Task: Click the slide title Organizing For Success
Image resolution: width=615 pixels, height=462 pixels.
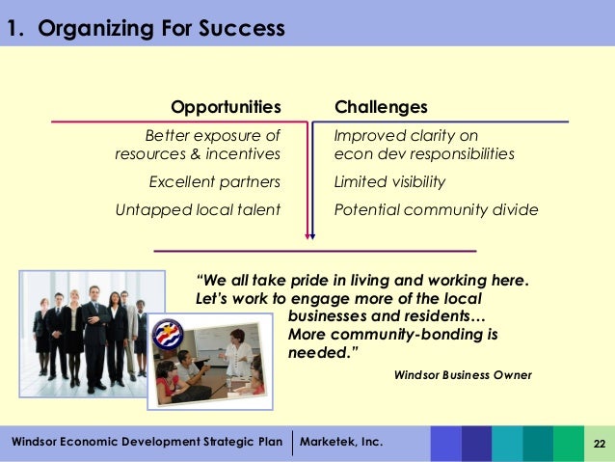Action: (x=160, y=29)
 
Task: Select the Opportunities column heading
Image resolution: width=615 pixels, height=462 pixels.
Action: (x=226, y=106)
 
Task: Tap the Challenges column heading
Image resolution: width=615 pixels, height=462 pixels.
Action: (x=381, y=106)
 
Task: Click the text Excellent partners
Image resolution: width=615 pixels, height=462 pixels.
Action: (x=214, y=181)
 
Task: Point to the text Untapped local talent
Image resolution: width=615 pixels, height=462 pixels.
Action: (x=198, y=209)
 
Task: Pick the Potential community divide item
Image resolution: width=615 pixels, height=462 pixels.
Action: (x=436, y=209)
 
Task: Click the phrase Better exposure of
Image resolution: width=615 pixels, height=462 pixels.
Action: (x=212, y=136)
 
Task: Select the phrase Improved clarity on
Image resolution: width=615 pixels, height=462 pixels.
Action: (x=406, y=136)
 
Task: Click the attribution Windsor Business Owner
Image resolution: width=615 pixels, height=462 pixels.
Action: (x=464, y=374)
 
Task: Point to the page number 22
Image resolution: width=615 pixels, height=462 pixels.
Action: (x=599, y=443)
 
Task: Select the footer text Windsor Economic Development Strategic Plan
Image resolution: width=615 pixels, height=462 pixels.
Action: (x=147, y=442)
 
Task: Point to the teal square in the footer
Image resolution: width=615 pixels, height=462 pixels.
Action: (x=507, y=443)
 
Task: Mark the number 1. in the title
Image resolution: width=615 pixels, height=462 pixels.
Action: (x=14, y=29)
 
